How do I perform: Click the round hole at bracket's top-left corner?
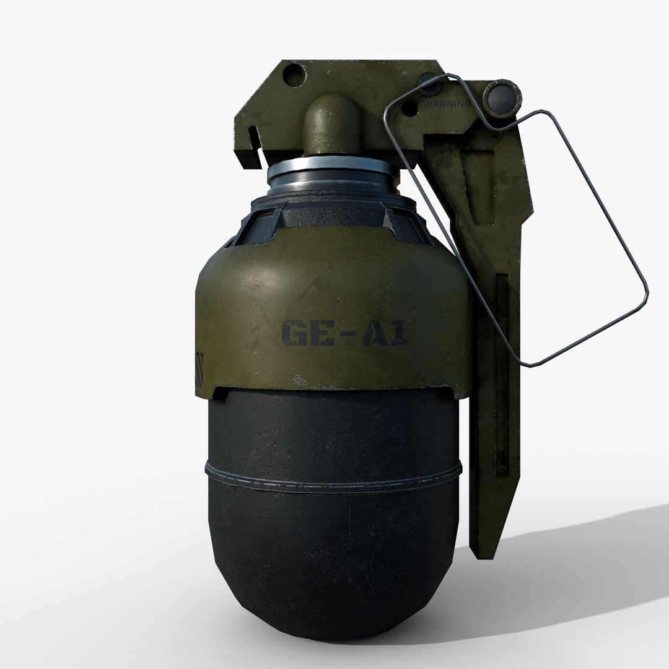tap(295, 76)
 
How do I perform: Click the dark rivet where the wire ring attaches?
tap(427, 81)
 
